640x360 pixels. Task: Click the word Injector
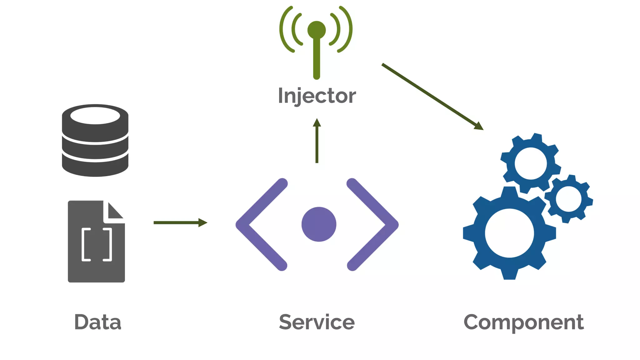(x=317, y=96)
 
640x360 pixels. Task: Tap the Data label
(x=97, y=322)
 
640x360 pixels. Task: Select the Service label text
(x=317, y=322)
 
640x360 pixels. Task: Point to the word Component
(x=524, y=322)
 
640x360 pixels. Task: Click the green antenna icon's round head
(x=317, y=30)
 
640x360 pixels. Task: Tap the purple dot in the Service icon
(x=319, y=224)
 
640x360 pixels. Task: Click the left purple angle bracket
(x=250, y=224)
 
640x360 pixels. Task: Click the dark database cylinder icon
(x=95, y=147)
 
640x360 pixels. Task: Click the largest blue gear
(x=481, y=233)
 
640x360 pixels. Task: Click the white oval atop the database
(x=95, y=116)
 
